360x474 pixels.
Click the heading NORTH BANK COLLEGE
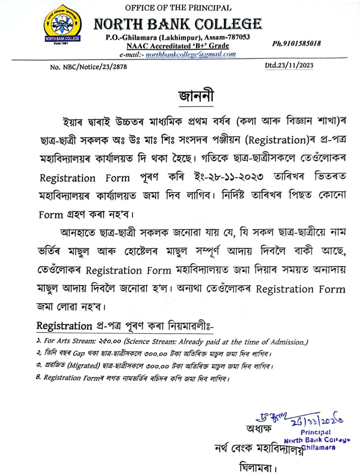(178, 24)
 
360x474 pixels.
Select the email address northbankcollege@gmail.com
(191, 54)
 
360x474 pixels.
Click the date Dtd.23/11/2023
(289, 66)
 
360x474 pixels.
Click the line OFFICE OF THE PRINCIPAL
(178, 8)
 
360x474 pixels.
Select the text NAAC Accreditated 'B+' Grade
(178, 46)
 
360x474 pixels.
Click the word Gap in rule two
(78, 353)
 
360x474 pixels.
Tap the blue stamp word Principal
(316, 432)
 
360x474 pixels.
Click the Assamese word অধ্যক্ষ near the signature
(259, 429)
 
